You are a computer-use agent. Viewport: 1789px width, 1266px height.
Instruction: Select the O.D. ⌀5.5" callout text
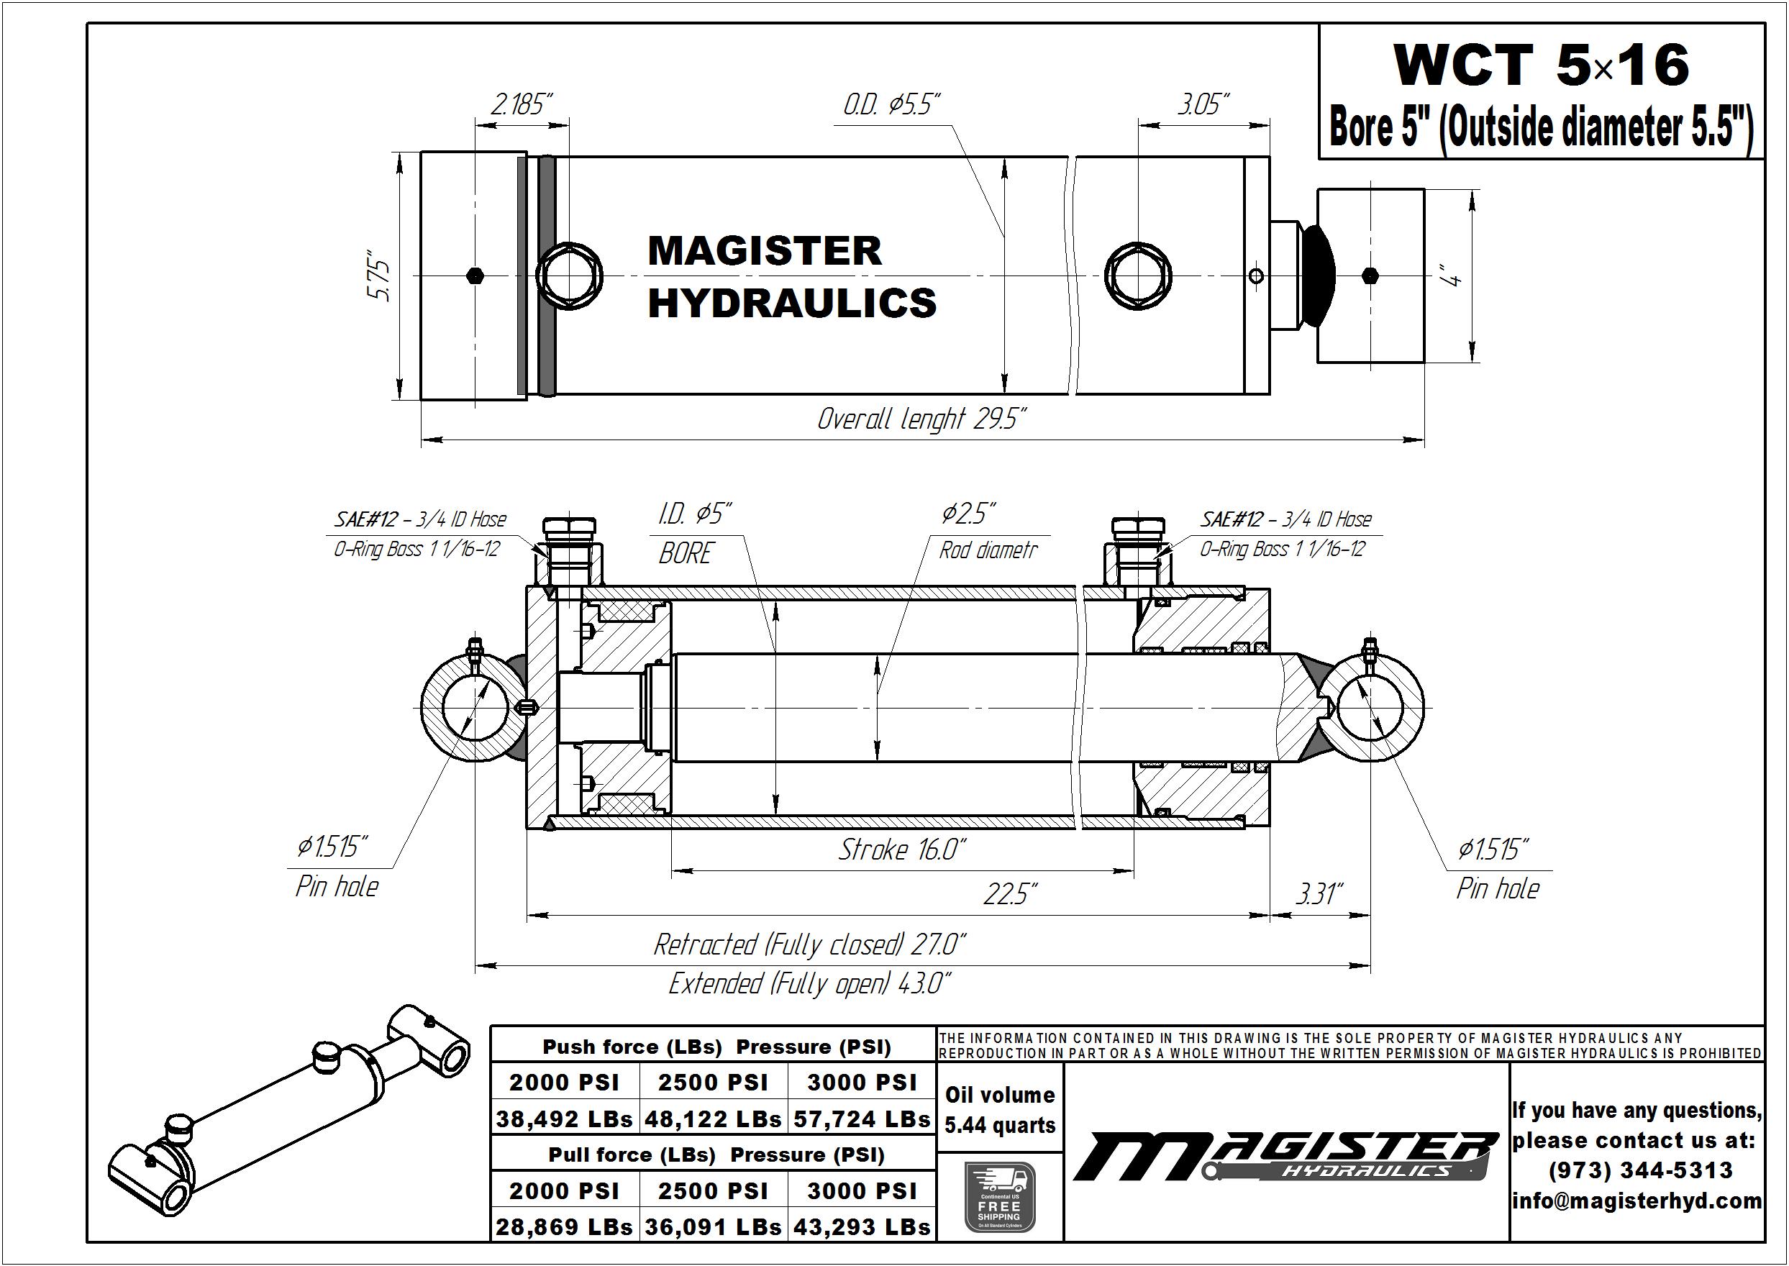[x=892, y=104]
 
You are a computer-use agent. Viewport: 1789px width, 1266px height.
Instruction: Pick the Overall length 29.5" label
[x=921, y=419]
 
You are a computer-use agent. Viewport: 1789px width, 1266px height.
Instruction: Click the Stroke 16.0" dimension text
[x=903, y=849]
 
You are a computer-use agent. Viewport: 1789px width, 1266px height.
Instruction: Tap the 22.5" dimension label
[x=1010, y=893]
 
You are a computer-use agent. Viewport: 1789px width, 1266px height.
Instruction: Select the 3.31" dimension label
[x=1320, y=893]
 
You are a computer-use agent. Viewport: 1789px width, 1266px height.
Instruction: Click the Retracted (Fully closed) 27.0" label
[x=809, y=944]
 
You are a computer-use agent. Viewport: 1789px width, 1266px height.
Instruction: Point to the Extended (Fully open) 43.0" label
[x=809, y=984]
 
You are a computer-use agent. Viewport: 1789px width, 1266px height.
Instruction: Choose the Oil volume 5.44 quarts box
[x=1000, y=1110]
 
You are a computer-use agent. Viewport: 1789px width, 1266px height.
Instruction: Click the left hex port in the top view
[x=570, y=276]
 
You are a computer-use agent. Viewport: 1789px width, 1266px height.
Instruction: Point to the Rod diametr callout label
[x=988, y=550]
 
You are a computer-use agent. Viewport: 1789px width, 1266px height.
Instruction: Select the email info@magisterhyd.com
[x=1637, y=1201]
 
